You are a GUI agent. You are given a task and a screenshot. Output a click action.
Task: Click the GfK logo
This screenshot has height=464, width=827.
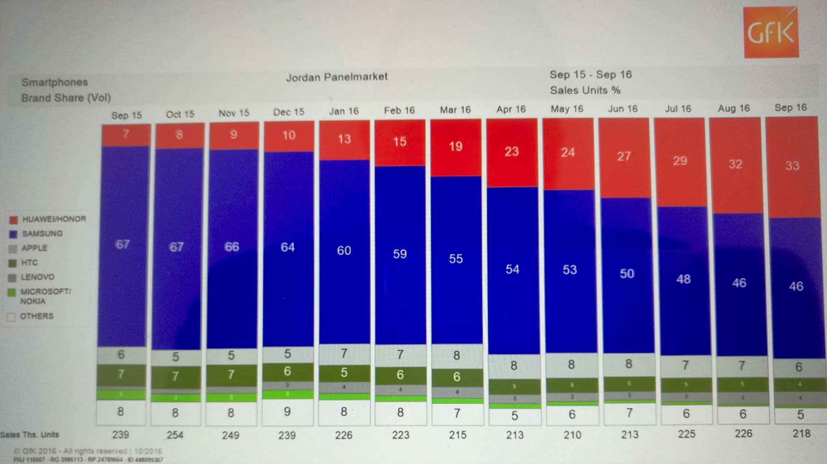point(771,33)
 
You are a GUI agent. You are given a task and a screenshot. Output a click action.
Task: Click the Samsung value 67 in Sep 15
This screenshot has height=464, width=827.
point(123,245)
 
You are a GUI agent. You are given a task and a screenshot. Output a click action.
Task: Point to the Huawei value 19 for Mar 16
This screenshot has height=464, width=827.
point(455,146)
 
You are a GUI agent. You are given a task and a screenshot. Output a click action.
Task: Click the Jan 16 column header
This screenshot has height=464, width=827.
point(344,111)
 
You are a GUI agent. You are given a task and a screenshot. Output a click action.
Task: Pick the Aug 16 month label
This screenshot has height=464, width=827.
point(734,109)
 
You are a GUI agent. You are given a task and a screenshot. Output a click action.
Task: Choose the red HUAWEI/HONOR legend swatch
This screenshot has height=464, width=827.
point(13,220)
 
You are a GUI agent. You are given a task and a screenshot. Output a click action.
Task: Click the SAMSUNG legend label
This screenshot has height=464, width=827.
point(42,234)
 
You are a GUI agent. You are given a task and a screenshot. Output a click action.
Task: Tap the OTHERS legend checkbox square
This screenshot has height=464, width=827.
point(11,317)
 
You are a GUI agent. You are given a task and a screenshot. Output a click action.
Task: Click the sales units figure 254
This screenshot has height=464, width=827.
point(175,435)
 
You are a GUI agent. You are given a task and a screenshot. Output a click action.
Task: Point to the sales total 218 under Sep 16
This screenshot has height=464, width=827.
point(801,434)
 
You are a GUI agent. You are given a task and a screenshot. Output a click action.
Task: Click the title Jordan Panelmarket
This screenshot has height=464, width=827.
point(337,77)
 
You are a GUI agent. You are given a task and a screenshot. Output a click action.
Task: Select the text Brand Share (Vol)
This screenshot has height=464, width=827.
point(66,98)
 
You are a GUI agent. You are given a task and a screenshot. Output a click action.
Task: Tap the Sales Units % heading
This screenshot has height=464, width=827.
point(585,90)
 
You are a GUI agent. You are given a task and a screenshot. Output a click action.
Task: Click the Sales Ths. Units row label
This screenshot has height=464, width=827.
point(30,435)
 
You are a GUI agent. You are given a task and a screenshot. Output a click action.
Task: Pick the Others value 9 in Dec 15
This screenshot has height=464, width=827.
point(287,411)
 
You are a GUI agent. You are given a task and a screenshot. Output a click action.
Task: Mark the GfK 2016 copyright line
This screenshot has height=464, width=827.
point(88,451)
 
